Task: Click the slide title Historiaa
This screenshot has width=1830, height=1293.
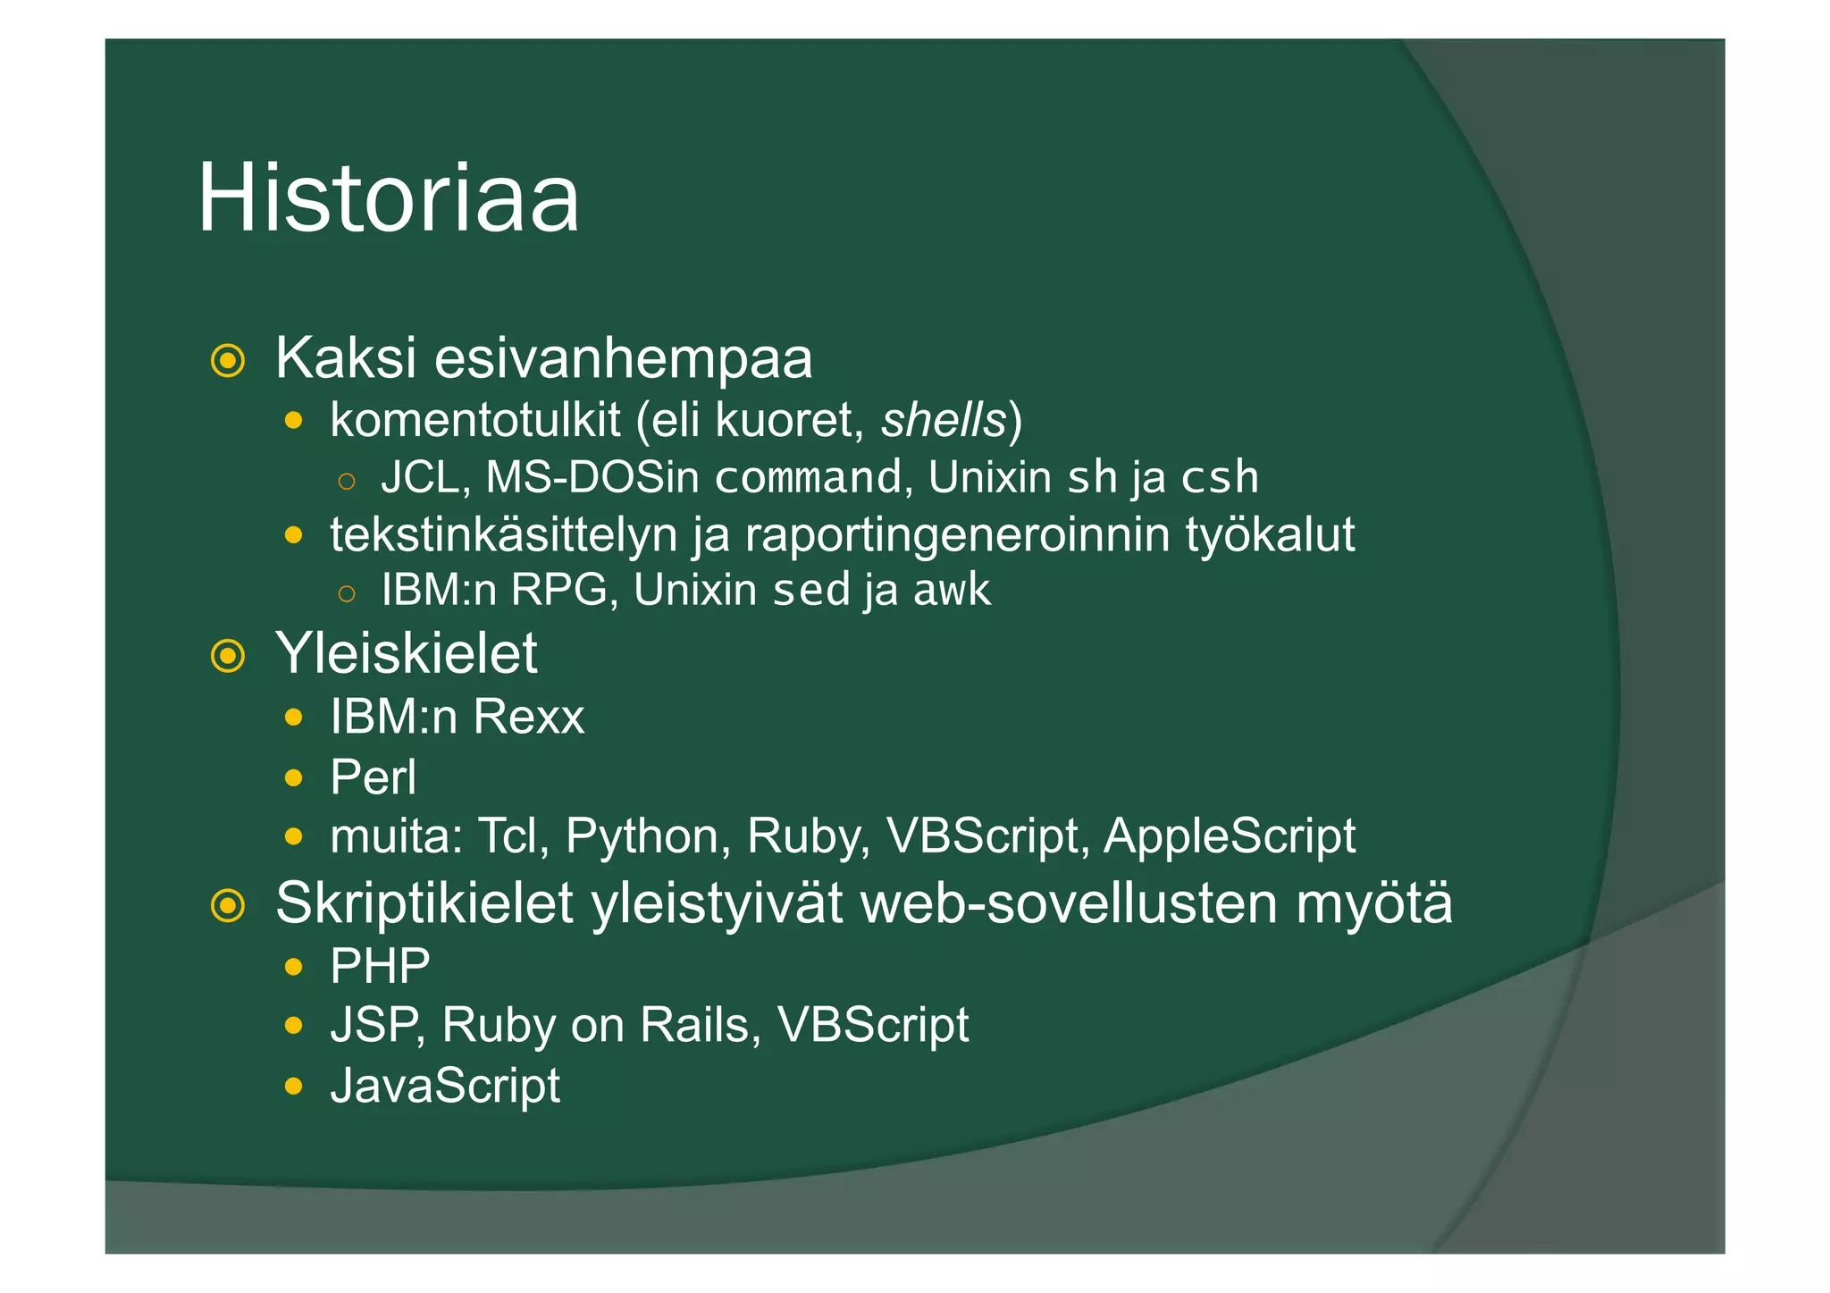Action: coord(388,197)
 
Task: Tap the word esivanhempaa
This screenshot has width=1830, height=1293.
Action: coord(623,359)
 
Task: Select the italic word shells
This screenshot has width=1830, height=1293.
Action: coord(944,420)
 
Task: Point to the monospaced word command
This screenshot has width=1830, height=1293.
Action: coord(808,477)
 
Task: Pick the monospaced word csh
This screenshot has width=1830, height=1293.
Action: coord(1220,477)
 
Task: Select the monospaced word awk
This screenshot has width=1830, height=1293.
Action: coord(952,590)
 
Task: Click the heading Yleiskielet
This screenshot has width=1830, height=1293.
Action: coord(406,653)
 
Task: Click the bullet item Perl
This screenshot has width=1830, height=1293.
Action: coord(373,777)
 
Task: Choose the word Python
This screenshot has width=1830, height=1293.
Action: coord(642,836)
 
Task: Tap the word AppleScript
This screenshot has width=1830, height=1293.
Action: coord(1230,836)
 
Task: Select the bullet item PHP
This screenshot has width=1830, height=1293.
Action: coord(380,966)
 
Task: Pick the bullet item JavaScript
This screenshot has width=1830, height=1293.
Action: coord(445,1086)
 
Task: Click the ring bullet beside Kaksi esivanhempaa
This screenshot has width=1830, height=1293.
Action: coord(228,361)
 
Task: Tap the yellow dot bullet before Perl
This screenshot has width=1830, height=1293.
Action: coord(293,778)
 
